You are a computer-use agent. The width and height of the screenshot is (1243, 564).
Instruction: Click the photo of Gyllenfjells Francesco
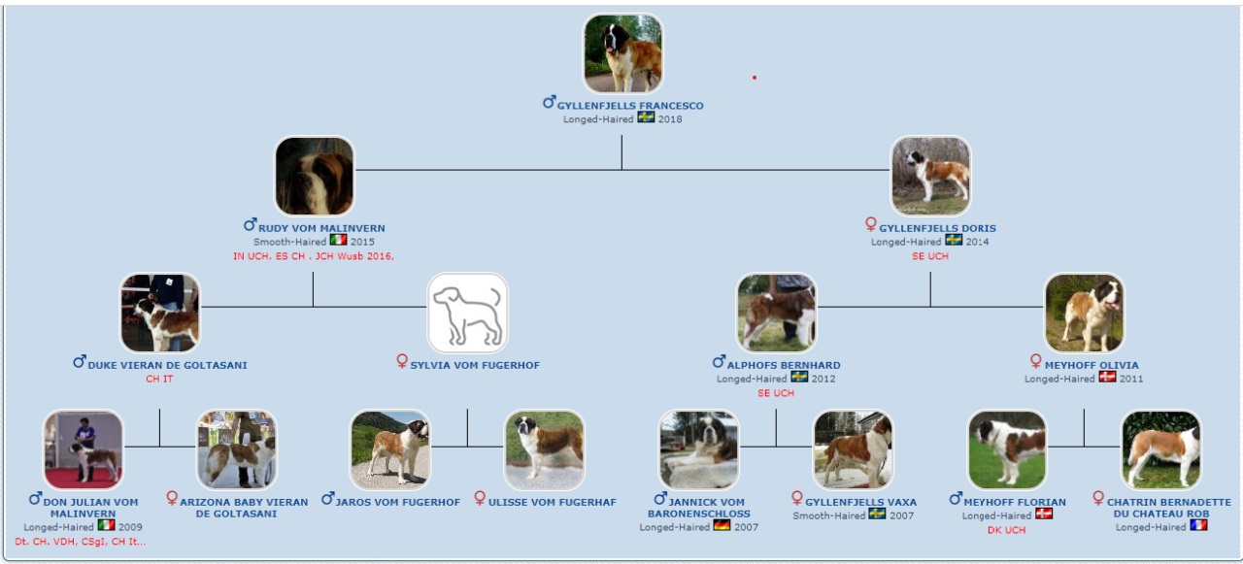[622, 53]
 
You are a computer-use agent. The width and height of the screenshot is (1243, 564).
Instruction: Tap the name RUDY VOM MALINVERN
[321, 228]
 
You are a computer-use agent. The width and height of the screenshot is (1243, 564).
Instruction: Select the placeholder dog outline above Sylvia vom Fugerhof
[467, 313]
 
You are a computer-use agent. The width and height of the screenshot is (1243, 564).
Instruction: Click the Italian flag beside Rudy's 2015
[339, 240]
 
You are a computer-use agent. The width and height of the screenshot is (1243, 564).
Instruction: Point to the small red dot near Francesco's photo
[755, 78]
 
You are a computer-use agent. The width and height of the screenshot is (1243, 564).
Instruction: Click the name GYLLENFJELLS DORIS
[937, 228]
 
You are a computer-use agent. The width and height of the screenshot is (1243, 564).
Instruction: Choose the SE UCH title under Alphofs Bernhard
[776, 393]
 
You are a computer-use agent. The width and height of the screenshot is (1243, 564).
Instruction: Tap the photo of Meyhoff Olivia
[1085, 313]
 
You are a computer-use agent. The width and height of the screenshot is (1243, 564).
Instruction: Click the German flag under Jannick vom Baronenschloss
[722, 525]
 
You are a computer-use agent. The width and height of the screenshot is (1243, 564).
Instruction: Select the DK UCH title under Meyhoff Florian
[1007, 530]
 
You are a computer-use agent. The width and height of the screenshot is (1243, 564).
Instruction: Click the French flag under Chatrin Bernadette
[1198, 525]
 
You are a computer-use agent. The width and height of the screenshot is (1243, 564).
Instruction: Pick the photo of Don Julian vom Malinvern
[84, 449]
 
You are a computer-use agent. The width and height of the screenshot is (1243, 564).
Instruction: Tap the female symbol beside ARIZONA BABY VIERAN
[172, 497]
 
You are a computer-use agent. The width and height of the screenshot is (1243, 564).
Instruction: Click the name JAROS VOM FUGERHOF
[397, 502]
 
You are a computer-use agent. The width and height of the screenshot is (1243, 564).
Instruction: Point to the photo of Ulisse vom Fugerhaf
[545, 449]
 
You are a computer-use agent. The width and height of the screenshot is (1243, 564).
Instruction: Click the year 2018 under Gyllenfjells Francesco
[670, 119]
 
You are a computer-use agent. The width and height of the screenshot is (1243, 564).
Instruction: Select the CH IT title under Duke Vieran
[160, 380]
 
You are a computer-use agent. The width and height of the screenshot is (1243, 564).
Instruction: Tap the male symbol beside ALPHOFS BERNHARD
[719, 361]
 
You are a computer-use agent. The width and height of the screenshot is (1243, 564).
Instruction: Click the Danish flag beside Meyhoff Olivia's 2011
[1107, 377]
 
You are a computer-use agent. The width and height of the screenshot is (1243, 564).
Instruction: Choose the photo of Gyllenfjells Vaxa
[853, 449]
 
